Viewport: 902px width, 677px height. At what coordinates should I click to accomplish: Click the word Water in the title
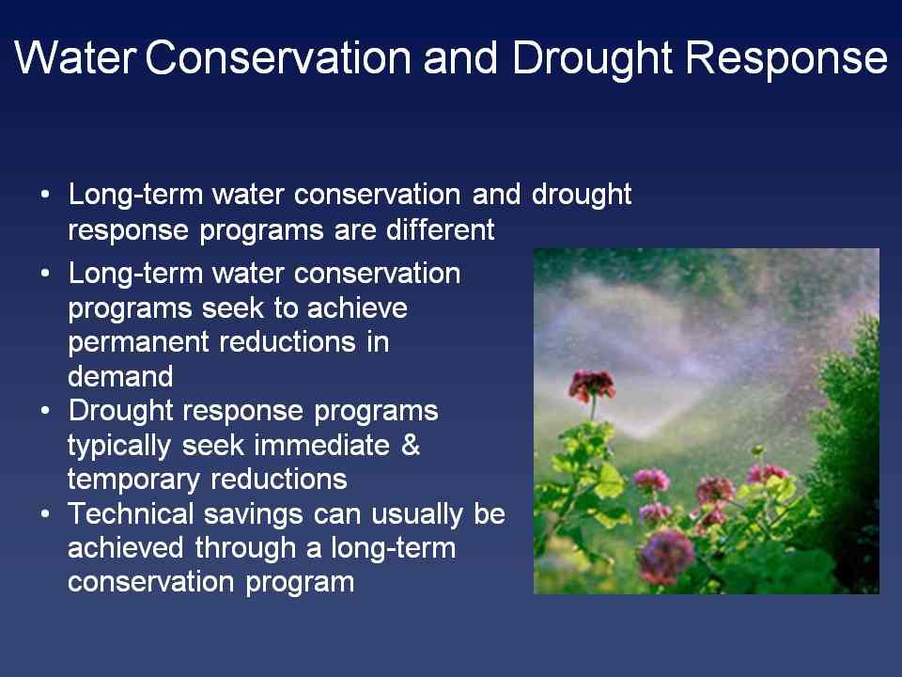[75, 57]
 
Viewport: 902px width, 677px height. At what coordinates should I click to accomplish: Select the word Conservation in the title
[278, 57]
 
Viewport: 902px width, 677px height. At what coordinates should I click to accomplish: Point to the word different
[440, 229]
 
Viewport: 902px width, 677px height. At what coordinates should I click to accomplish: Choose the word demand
[120, 376]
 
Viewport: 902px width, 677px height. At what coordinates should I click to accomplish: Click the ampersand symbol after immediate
[411, 445]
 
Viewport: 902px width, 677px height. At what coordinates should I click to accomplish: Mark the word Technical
[131, 513]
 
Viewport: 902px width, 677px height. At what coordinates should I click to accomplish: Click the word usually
[417, 515]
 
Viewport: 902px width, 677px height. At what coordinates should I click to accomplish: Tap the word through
[248, 549]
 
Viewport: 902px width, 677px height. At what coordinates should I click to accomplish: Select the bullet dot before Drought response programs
[45, 410]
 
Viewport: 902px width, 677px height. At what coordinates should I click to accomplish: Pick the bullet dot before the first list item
[45, 194]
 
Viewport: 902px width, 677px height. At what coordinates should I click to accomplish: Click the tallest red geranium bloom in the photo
[592, 386]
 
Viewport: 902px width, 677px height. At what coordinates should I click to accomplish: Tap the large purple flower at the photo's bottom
[665, 556]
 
